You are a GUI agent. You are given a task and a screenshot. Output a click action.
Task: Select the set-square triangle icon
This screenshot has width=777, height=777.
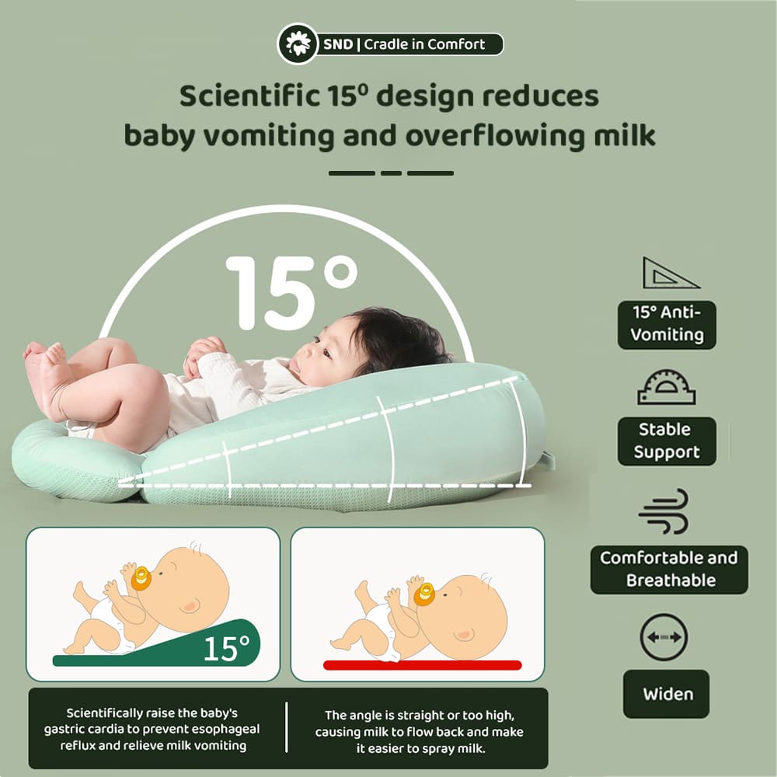(x=670, y=274)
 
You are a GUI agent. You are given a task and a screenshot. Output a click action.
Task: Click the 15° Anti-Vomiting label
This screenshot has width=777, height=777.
(x=667, y=324)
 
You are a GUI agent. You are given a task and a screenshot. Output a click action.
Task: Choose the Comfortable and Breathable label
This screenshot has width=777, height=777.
(x=668, y=569)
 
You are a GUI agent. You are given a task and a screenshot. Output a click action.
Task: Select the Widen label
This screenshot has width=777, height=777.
(x=667, y=694)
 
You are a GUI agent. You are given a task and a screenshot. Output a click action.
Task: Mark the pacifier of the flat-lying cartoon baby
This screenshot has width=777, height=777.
(x=423, y=594)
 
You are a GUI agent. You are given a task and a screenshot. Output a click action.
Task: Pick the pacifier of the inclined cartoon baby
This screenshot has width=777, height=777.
(x=141, y=579)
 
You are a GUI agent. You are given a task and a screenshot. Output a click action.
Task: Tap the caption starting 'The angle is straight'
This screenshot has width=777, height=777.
(x=419, y=733)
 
